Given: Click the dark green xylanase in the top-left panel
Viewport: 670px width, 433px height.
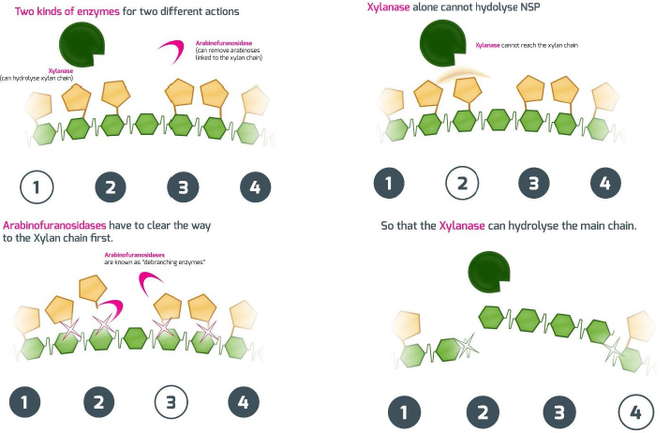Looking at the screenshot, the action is tap(82, 44).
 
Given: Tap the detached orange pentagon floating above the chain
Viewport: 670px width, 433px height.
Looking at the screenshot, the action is tap(93, 289).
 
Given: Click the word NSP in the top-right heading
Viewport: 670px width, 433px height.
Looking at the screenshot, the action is tap(529, 7).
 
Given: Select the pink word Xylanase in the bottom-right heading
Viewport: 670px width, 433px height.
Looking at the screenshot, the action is tap(462, 225).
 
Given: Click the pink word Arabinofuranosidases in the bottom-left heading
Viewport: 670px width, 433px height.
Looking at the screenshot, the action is tap(54, 225).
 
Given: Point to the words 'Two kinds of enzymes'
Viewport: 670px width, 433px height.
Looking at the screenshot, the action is tap(67, 11).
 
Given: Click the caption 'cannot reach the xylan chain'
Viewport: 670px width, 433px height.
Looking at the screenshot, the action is tap(539, 45).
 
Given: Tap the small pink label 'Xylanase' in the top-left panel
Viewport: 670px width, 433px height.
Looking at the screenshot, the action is tap(61, 71).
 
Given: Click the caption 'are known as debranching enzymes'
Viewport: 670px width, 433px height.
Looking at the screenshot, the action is tap(155, 261).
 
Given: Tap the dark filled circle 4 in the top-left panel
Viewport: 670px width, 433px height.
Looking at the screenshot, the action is tap(255, 187).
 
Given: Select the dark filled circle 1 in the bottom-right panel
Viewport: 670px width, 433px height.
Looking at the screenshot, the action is tap(404, 412).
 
